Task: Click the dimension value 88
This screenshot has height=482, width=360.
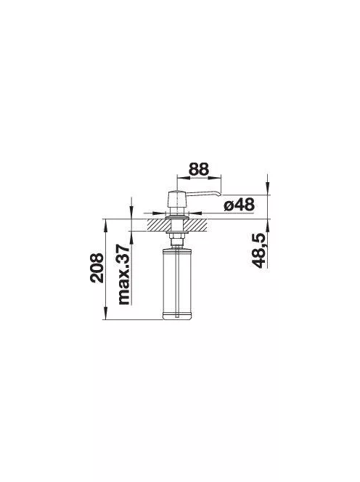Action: (199, 168)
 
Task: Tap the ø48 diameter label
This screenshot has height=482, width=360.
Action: (240, 204)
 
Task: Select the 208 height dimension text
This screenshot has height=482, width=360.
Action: (97, 267)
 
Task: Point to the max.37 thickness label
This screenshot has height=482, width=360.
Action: (125, 274)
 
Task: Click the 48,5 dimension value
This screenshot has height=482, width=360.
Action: (258, 250)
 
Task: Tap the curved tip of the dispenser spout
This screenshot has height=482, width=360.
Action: (219, 194)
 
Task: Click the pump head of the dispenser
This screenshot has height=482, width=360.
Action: (176, 199)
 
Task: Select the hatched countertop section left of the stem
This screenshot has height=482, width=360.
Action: (159, 225)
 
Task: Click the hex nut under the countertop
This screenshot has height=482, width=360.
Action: (176, 236)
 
